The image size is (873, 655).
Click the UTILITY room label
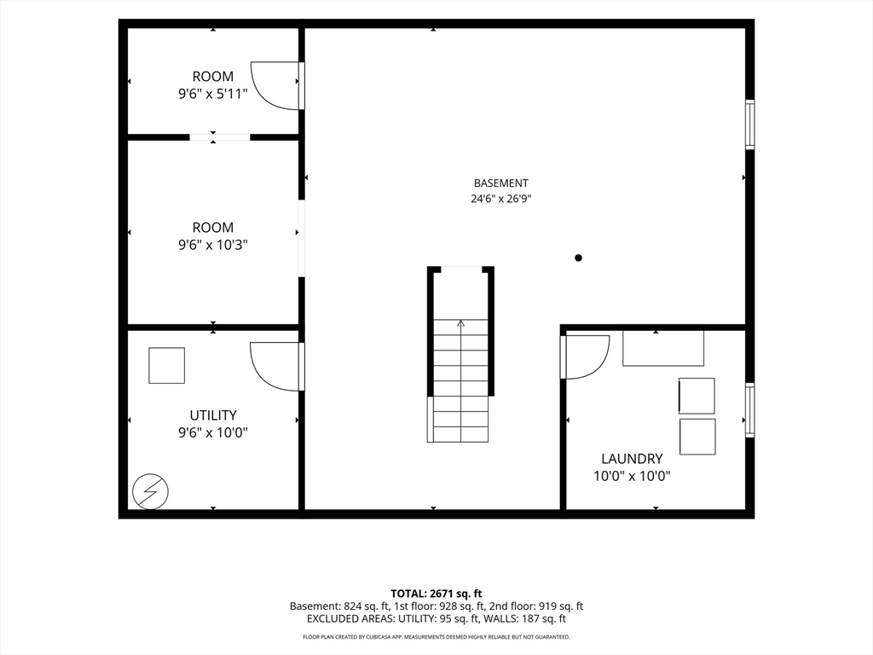212,415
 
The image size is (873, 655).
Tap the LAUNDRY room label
632,458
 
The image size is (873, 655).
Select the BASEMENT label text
501,183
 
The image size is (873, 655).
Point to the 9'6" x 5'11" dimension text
212,94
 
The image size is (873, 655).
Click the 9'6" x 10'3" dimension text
212,245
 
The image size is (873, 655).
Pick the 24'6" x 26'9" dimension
501,198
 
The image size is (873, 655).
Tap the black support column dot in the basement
579,258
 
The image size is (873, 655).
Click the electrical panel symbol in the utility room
150,491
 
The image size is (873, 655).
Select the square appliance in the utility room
166,365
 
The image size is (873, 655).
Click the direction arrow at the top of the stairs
461,323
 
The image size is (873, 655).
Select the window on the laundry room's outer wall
750,410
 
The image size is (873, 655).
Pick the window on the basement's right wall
750,125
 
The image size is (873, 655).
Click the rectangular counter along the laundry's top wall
663,348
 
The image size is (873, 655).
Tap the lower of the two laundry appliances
697,437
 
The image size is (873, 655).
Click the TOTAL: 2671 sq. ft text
436,594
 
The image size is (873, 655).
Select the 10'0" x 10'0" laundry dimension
632,476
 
